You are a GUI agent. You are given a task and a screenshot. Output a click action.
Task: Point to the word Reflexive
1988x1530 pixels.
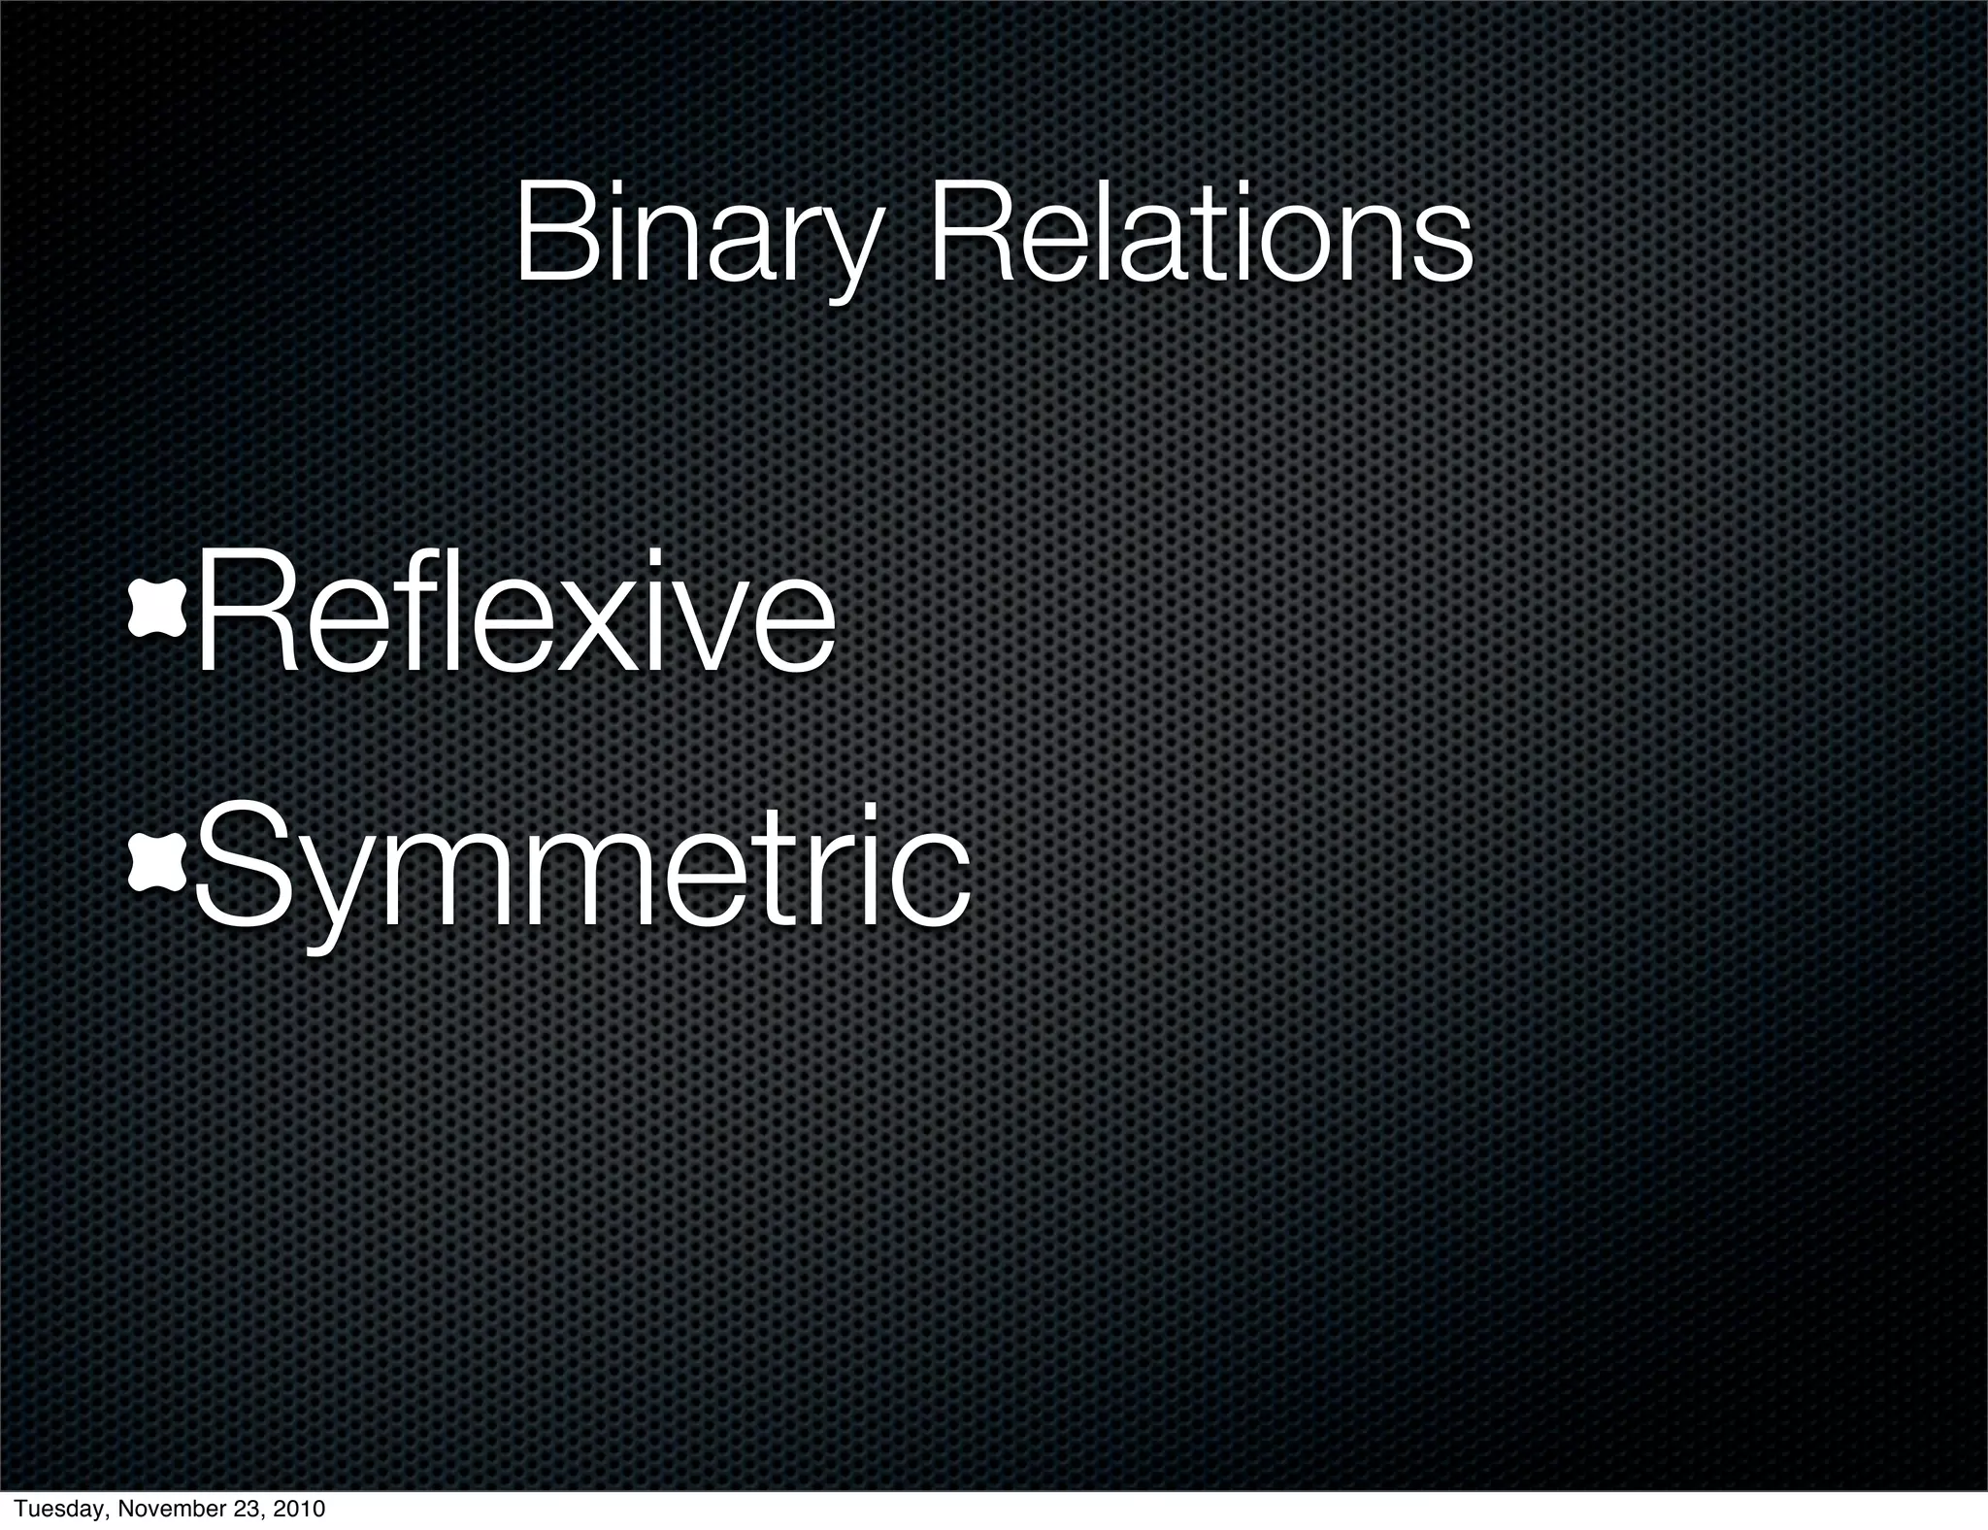pos(514,612)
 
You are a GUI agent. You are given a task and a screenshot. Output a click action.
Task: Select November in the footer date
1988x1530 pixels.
pos(159,1509)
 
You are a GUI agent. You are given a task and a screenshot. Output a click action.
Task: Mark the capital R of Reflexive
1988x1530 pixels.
pos(238,612)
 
